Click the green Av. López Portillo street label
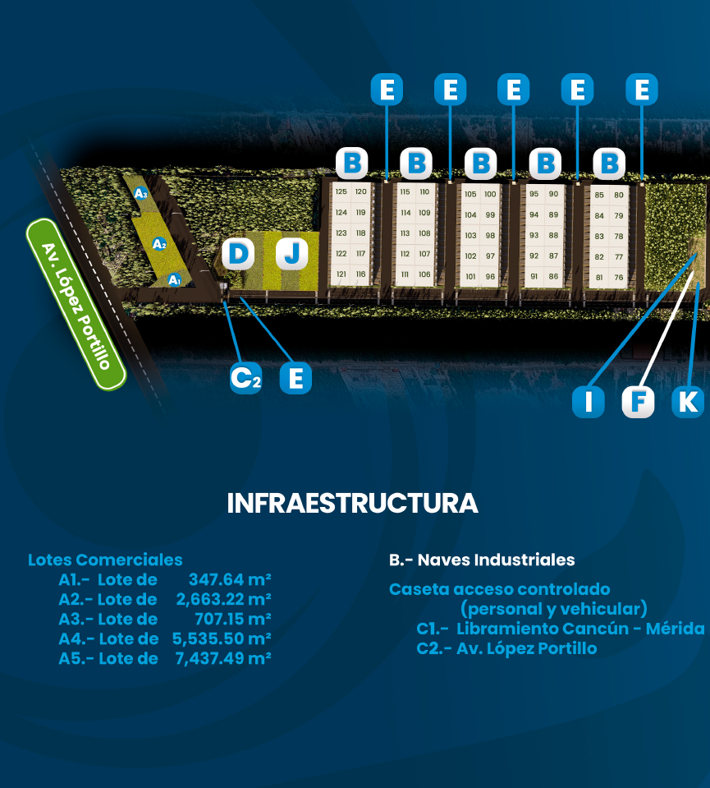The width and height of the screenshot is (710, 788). pos(76,305)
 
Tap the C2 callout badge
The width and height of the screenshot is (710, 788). pos(245,378)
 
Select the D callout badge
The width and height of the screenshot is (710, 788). pos(238,254)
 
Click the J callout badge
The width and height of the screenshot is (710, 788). pos(291,254)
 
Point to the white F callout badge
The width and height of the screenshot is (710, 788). pos(638,402)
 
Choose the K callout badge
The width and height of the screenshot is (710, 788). pos(688,402)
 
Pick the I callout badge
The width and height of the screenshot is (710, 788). pos(588,402)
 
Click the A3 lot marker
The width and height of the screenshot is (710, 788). pos(141,193)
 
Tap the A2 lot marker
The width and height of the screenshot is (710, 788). pos(159,244)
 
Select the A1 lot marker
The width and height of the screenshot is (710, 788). pos(174,279)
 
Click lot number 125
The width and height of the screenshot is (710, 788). pos(341,191)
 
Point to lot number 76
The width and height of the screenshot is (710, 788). pos(619,278)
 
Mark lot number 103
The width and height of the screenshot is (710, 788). pos(470,235)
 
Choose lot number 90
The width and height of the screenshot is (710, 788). pos(553,194)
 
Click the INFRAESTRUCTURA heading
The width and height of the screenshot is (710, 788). pos(352,503)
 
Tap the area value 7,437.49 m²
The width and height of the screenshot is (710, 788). pos(223,658)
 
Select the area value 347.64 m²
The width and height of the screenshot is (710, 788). pos(230,579)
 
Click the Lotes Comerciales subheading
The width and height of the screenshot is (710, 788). pos(105,560)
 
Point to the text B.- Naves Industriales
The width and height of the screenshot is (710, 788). pos(482,560)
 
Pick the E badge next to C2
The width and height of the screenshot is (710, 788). pos(295,378)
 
